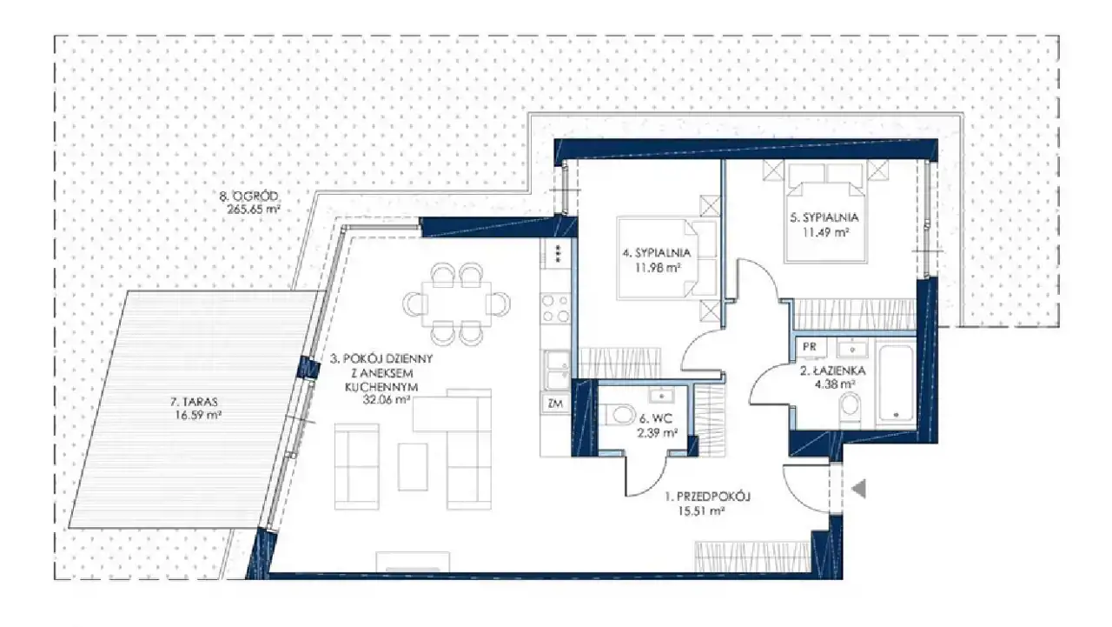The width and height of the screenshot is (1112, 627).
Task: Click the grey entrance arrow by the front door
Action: [x=859, y=489]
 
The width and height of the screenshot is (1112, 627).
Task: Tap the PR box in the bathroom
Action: [x=809, y=347]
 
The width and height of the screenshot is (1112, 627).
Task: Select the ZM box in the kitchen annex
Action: [x=555, y=404]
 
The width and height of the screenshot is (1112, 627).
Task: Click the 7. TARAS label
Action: [x=194, y=402]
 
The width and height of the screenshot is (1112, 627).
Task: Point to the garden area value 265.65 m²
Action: [x=253, y=210]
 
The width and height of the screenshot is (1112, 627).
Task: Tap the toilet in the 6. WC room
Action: [x=617, y=415]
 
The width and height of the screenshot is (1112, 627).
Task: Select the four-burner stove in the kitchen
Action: [x=556, y=309]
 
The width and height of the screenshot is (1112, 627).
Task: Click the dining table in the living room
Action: [x=456, y=304]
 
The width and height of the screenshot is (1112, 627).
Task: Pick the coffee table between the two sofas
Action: [x=413, y=466]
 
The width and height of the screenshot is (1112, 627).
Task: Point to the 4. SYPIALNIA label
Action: [x=656, y=253]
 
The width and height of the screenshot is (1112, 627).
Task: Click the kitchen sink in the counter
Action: [x=557, y=370]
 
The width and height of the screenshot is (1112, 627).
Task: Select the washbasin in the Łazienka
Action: [x=852, y=350]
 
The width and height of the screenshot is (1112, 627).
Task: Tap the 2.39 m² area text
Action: [x=658, y=433]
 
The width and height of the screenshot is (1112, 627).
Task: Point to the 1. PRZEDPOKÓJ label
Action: [x=707, y=497]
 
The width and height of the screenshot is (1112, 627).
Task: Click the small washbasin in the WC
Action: [x=661, y=396]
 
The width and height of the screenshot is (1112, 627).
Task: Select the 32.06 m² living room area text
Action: [x=387, y=400]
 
